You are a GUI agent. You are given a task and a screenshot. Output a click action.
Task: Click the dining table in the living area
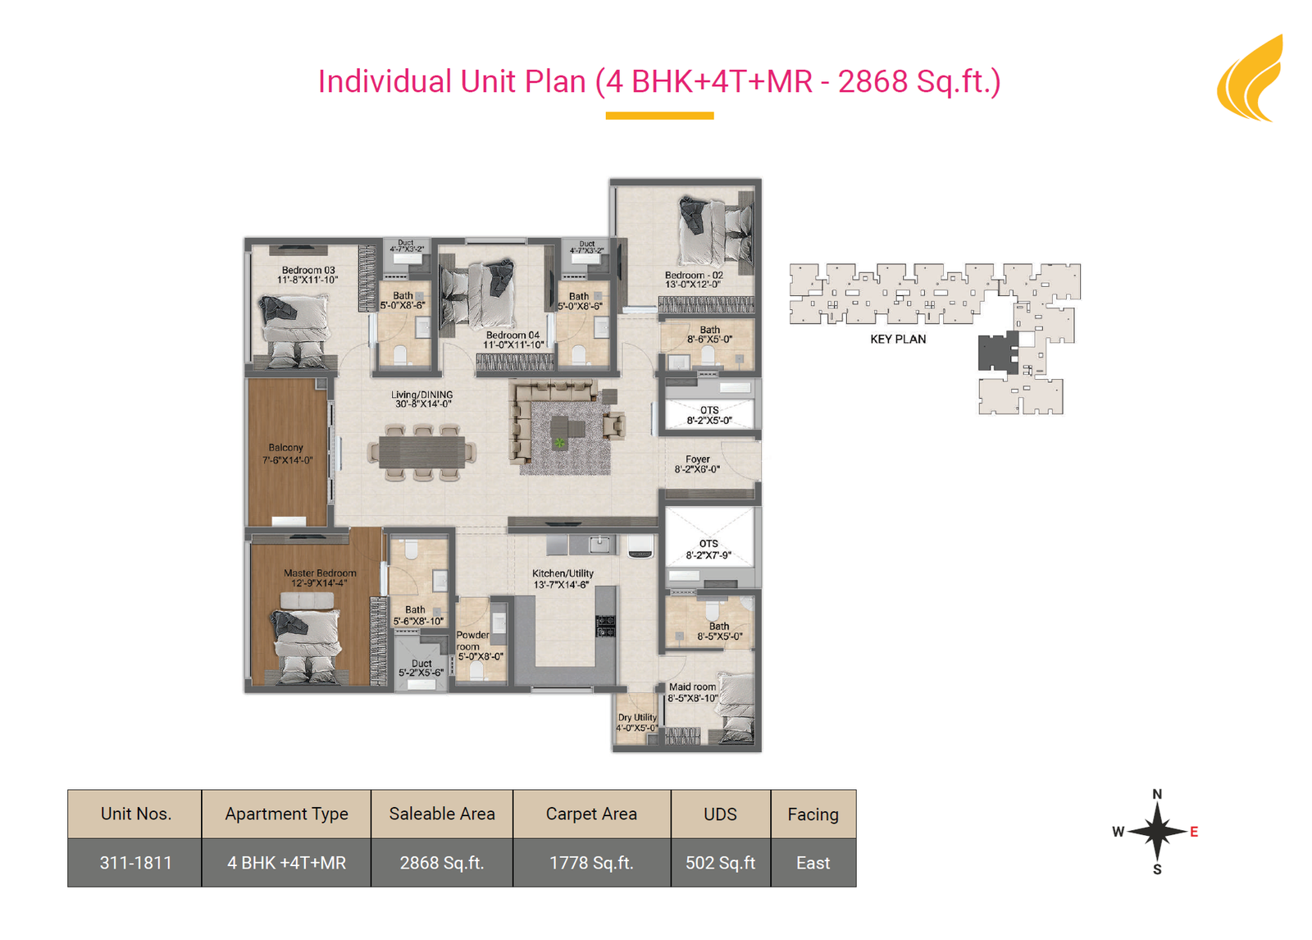[421, 453]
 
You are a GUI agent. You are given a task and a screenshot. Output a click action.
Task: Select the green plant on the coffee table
[559, 442]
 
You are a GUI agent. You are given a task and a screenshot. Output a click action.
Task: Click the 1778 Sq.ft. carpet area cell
[591, 863]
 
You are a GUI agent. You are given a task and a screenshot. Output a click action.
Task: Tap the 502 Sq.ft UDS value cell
[721, 863]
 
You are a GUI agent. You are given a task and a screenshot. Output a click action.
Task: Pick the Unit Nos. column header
[135, 814]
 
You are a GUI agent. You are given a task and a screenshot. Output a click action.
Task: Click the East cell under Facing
[813, 863]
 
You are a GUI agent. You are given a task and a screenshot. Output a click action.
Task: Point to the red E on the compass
[1194, 831]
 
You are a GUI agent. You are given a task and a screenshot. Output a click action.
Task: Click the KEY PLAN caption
[898, 340]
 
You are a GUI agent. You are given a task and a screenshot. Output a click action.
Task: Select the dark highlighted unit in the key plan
[999, 352]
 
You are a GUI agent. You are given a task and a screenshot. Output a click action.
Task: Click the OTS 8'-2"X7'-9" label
[708, 549]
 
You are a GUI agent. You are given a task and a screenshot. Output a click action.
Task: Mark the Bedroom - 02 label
[694, 280]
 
